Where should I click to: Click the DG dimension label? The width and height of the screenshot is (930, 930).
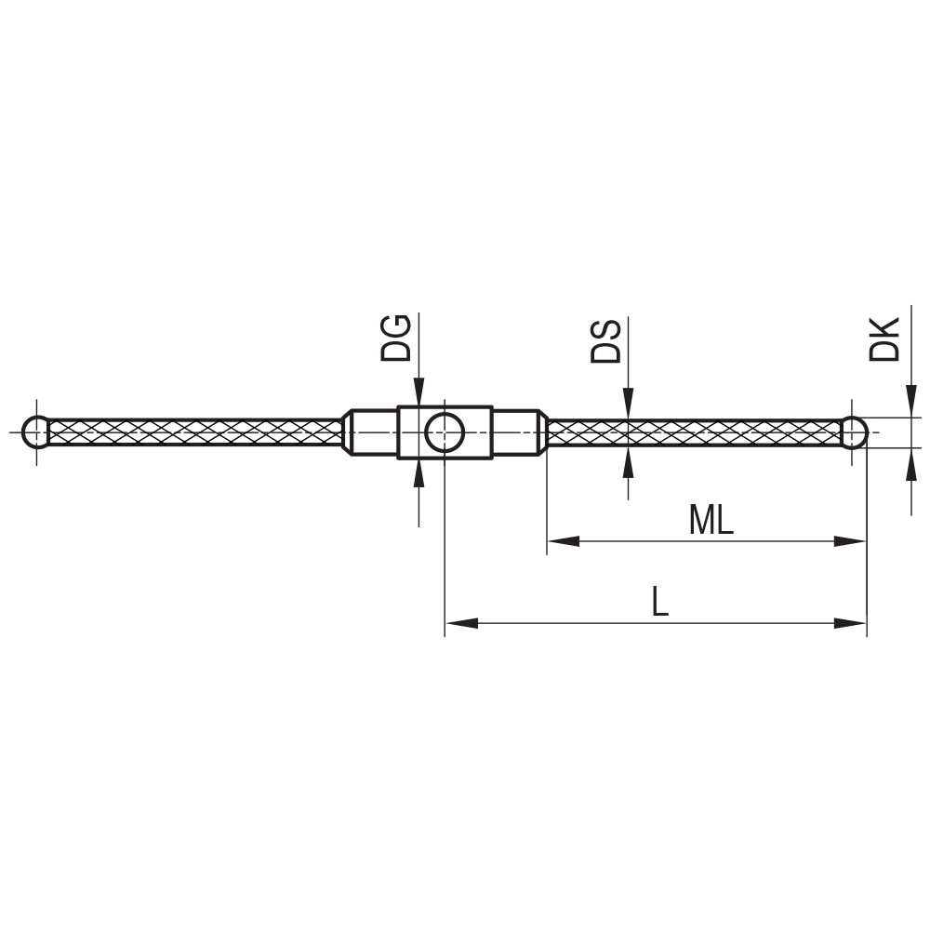pos(396,338)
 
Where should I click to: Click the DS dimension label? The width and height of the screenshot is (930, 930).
pos(606,340)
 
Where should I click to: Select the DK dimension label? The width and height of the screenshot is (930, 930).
pos(884,339)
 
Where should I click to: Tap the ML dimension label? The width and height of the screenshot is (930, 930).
pos(711,521)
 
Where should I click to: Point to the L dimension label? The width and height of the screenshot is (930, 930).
pos(659,603)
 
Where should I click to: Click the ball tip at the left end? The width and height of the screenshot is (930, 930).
pos(36,432)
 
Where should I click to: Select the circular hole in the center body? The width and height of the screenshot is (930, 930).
pos(445,432)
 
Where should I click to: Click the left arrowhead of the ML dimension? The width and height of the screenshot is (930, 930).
pos(562,541)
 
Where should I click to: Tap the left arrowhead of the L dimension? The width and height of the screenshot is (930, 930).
pos(461,623)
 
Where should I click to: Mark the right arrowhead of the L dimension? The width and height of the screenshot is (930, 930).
pos(851,623)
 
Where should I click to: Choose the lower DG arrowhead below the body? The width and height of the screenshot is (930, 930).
pos(419,472)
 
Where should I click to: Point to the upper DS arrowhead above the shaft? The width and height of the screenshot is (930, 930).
pos(629,405)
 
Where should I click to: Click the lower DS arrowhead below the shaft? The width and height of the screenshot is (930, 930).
pos(629,460)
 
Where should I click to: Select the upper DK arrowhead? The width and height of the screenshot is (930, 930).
pos(909,403)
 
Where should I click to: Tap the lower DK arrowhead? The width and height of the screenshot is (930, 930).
pos(909,462)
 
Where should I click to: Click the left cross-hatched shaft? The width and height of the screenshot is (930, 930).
pos(195,432)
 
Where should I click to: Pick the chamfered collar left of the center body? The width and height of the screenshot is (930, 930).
pos(370,432)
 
